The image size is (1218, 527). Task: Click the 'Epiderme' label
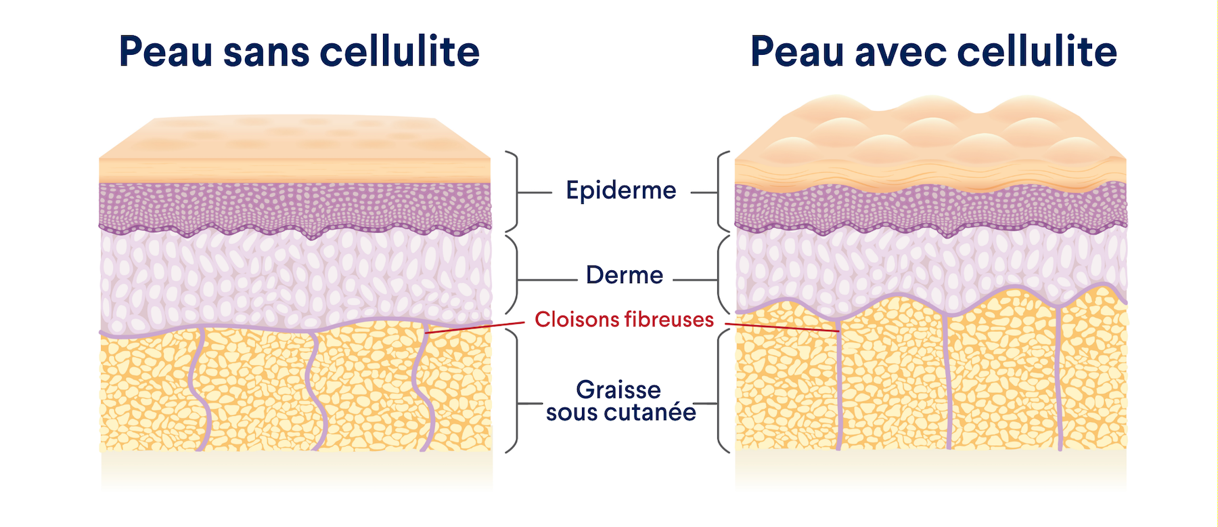point(621,190)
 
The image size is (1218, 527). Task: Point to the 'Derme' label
point(625,275)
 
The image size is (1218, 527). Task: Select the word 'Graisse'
point(618,389)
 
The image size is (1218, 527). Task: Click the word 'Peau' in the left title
point(166,51)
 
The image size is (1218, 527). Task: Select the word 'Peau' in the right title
point(798,51)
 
